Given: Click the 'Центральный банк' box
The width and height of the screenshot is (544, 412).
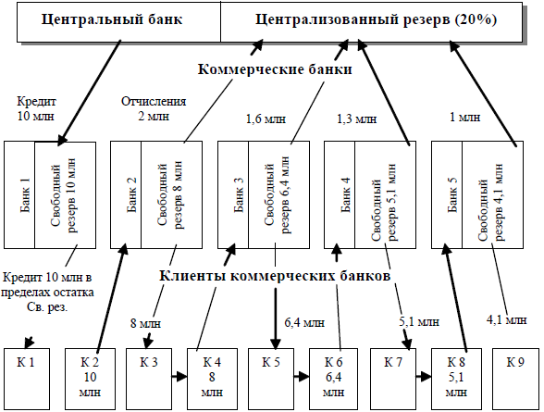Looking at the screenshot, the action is click(x=118, y=22).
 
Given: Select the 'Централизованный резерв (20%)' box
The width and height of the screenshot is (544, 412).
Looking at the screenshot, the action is click(x=371, y=22).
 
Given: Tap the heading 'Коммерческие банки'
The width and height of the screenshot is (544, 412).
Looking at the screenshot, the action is click(x=275, y=69).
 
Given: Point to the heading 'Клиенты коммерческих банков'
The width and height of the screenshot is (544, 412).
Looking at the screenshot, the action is click(x=275, y=276).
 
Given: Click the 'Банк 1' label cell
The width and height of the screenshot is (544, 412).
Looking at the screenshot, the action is click(x=19, y=194).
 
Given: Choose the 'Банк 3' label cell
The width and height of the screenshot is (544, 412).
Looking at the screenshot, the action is click(x=233, y=194).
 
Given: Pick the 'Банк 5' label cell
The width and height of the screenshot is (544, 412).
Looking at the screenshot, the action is click(x=447, y=194).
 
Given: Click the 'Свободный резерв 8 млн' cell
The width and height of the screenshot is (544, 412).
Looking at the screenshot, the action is click(x=172, y=194).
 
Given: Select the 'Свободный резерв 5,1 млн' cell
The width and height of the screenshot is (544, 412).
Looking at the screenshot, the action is click(x=386, y=194).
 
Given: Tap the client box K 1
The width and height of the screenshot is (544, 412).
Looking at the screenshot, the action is click(x=27, y=379).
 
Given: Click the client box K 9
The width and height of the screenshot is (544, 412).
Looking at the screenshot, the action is click(x=515, y=379).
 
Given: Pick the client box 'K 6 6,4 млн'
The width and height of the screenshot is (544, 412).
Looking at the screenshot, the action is click(x=333, y=379).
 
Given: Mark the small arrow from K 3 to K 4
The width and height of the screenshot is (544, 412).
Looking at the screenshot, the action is click(x=179, y=376).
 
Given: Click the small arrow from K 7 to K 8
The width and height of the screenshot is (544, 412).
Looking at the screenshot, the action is click(x=424, y=376).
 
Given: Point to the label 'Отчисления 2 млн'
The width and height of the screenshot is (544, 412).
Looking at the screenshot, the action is click(x=154, y=108).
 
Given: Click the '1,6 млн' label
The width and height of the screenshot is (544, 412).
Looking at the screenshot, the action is click(x=266, y=119).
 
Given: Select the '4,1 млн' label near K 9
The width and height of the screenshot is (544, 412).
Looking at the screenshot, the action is click(x=507, y=319).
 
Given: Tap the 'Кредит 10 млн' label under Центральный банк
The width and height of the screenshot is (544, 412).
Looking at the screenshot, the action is click(x=36, y=108).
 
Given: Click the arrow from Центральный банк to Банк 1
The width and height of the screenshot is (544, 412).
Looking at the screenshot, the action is click(x=90, y=93).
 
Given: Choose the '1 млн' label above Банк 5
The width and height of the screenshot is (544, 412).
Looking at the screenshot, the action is click(x=464, y=118).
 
